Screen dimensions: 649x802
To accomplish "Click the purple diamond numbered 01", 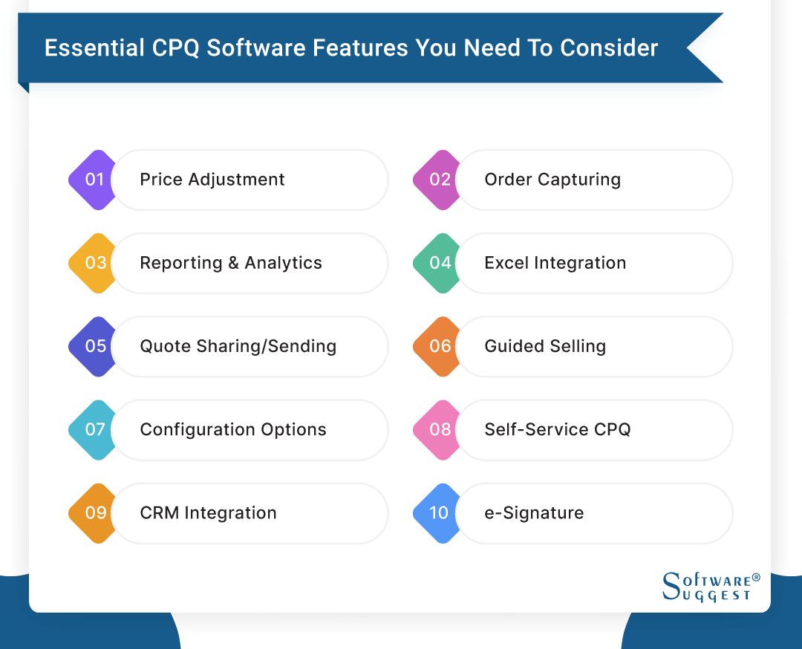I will point(92,180).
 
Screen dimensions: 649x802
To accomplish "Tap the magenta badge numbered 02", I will point(437,180).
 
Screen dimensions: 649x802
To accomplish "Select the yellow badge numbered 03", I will point(92,263).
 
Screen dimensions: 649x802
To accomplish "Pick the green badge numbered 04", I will point(437,263).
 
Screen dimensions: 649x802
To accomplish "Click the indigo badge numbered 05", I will point(92,346).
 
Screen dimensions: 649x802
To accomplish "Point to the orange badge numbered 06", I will point(437,346).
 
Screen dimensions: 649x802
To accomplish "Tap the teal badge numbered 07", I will point(92,429).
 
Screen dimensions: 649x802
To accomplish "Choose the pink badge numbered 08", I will point(437,429).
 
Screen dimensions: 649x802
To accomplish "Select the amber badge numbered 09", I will point(92,512).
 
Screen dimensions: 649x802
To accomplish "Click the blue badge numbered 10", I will point(437,512).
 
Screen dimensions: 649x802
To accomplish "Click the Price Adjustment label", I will point(212,180).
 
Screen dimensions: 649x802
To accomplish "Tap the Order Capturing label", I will point(552,180).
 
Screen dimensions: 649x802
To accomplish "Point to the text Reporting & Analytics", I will point(231,263).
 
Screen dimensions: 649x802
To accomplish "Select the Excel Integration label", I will point(555,263).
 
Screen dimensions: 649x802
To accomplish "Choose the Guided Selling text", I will point(545,346).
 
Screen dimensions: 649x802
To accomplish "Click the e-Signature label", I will point(534,512).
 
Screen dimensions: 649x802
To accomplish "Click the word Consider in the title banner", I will point(609,48).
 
